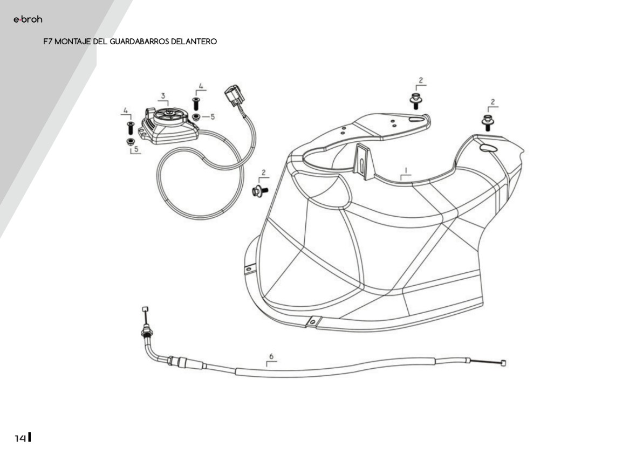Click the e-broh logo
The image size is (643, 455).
28,20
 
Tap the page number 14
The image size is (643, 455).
20,438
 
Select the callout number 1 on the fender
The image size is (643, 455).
406,170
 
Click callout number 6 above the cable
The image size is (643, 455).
271,356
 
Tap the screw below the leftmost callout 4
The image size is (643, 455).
129,128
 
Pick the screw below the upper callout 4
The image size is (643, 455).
196,104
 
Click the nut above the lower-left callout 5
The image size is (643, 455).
130,141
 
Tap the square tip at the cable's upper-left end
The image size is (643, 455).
145,308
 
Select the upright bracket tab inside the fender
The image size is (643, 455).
362,158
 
